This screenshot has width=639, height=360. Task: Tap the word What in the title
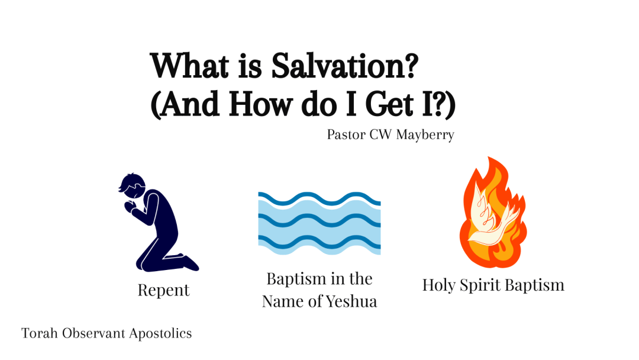pos(189,66)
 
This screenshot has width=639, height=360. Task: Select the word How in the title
pos(261,104)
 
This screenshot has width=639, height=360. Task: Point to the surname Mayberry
pos(425,134)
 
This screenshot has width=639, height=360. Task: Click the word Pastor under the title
pos(346,134)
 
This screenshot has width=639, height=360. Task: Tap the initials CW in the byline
pos(380,134)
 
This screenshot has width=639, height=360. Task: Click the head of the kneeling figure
pos(132,187)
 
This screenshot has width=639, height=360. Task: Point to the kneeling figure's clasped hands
pos(130,207)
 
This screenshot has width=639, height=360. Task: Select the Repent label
pos(163,290)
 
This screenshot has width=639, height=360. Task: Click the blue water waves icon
pos(319,223)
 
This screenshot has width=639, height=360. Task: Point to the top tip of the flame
pos(489,157)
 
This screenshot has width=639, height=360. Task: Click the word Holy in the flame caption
pos(439,285)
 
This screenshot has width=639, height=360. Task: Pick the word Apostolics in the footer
pos(160,333)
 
